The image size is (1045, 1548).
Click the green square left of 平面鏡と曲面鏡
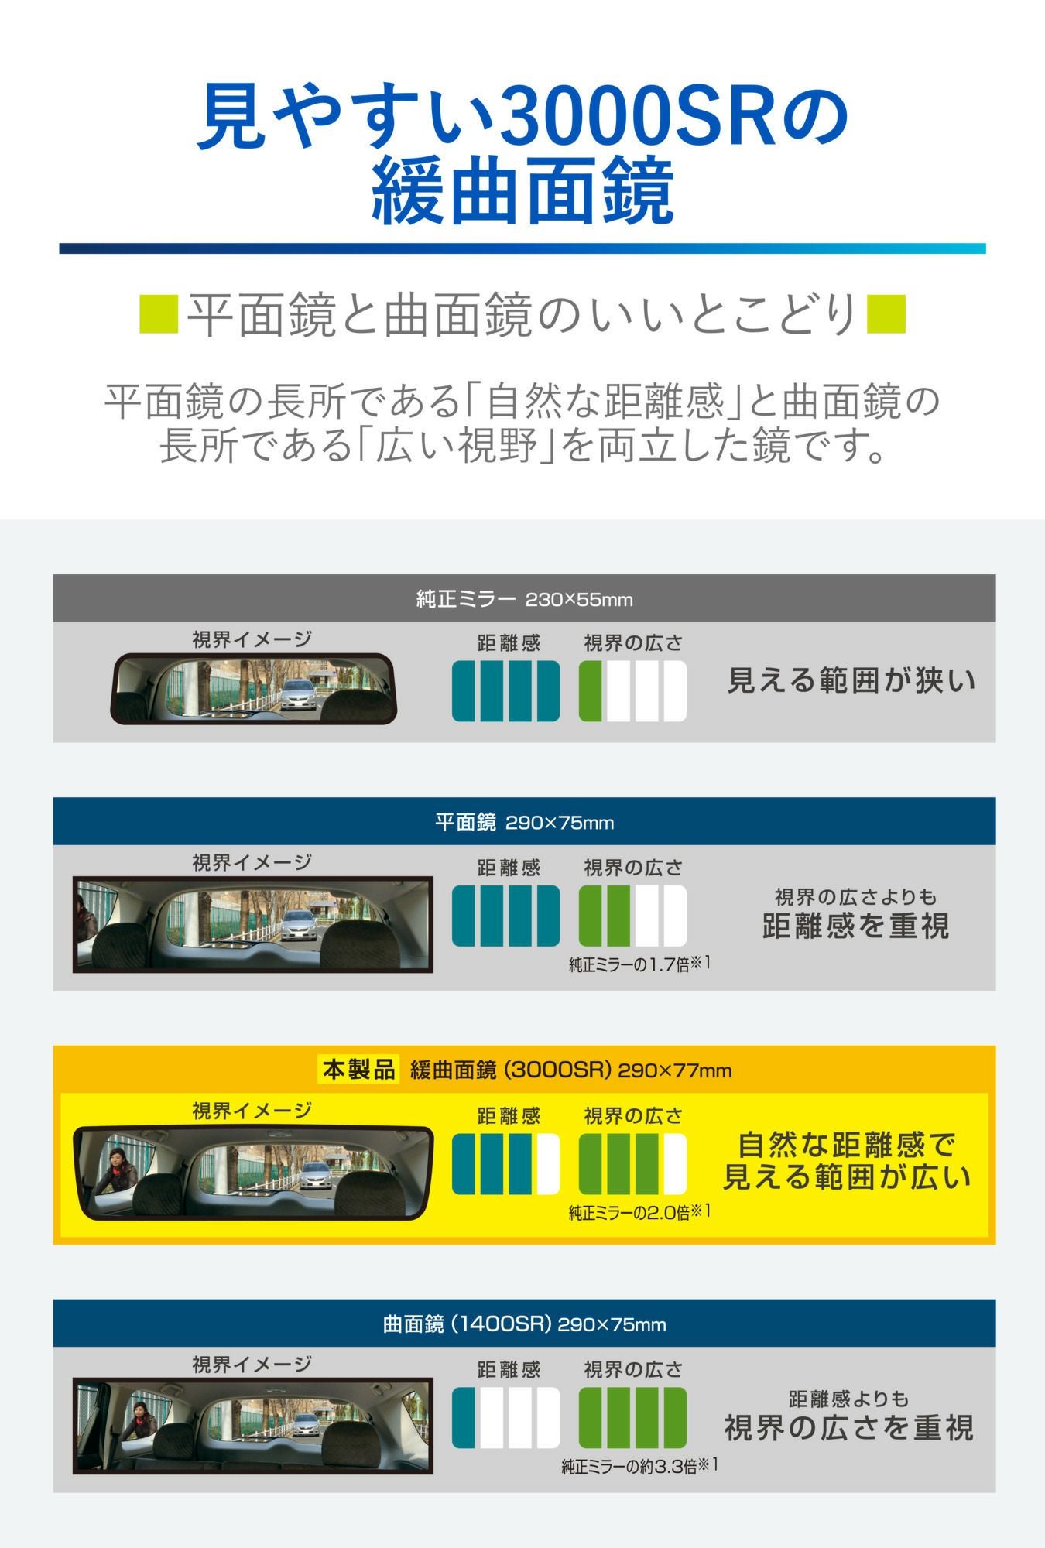[x=159, y=314]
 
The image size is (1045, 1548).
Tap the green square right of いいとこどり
[x=886, y=314]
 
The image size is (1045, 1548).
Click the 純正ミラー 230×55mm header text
[x=524, y=599]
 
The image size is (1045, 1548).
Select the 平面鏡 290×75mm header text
[x=524, y=822]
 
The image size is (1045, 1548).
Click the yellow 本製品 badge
[x=358, y=1070]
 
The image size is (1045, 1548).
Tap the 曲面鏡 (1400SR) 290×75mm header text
[x=524, y=1324]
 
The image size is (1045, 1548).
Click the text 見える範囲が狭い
[x=851, y=681]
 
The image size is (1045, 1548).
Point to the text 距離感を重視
[x=855, y=926]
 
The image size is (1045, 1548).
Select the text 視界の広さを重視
[x=848, y=1428]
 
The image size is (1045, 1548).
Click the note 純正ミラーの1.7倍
[x=639, y=964]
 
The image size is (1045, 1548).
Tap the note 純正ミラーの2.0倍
[x=639, y=1212]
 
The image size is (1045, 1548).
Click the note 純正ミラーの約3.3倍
[x=639, y=1466]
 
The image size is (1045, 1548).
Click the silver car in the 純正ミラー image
[x=298, y=694]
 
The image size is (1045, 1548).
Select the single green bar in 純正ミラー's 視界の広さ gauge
[x=591, y=690]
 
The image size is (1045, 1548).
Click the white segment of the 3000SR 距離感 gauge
[x=547, y=1163]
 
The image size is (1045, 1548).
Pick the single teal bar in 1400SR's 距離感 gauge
[x=464, y=1417]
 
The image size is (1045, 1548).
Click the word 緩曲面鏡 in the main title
[x=522, y=191]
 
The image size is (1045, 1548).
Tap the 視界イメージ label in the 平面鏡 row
[x=252, y=862]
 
